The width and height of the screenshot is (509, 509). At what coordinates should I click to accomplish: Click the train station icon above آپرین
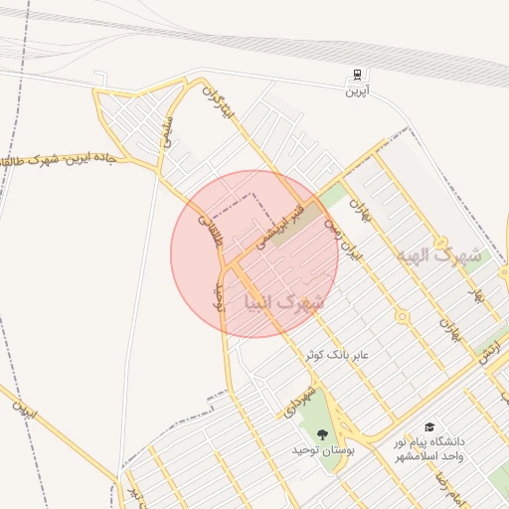coord(355,77)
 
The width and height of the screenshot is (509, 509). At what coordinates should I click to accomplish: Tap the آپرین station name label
coord(355,91)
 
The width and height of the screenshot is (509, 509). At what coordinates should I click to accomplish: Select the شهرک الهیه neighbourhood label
coord(437,255)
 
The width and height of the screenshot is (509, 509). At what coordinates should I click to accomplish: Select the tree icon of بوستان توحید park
coord(321,433)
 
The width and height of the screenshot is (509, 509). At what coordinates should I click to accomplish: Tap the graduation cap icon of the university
coord(428,425)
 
